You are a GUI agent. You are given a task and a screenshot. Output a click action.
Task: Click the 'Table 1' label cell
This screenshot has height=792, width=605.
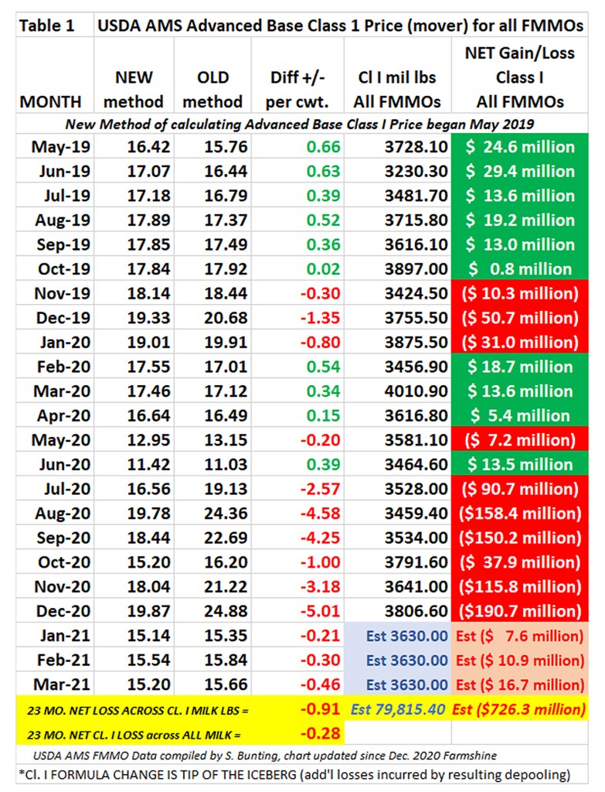[x=47, y=25]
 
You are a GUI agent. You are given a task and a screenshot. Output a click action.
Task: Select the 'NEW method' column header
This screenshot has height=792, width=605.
[x=134, y=89]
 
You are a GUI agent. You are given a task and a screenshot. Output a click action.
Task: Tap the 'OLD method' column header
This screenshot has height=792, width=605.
[x=213, y=89]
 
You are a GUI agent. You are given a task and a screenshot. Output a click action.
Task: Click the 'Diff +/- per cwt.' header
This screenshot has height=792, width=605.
[x=296, y=89]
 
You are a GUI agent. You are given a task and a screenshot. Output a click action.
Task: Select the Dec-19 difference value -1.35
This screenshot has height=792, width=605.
[x=319, y=318]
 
